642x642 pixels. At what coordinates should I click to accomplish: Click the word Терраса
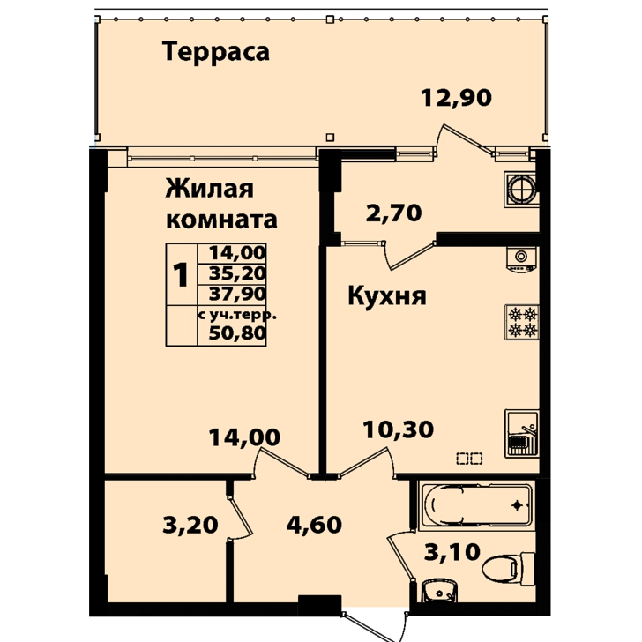click(x=216, y=52)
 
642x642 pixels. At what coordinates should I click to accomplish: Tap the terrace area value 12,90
click(x=456, y=98)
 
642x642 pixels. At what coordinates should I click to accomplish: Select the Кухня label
click(x=387, y=295)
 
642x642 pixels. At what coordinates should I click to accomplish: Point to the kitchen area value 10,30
click(x=399, y=429)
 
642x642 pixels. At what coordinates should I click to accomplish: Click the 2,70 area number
click(x=393, y=213)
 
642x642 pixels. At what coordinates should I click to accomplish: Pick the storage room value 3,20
click(x=190, y=525)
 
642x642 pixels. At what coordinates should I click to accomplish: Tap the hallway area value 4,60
click(x=314, y=525)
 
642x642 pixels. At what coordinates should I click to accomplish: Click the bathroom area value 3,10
click(x=452, y=551)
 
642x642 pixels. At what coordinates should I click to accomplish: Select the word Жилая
click(x=209, y=189)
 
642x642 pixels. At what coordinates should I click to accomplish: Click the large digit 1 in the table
click(x=180, y=274)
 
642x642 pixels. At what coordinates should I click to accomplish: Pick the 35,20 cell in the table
click(x=237, y=273)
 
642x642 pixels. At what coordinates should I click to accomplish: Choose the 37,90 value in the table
click(x=237, y=294)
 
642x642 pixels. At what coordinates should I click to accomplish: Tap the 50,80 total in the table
click(x=237, y=333)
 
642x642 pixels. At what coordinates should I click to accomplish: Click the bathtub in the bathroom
click(x=477, y=505)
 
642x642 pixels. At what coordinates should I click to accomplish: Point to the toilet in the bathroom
click(x=509, y=568)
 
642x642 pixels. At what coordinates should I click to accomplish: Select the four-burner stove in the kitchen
click(x=522, y=322)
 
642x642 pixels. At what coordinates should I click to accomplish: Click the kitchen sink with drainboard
click(x=522, y=433)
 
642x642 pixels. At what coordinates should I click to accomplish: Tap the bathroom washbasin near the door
click(x=440, y=591)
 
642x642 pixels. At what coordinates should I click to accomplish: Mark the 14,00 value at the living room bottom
click(x=244, y=437)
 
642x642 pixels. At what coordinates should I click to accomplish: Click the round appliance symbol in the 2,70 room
click(x=521, y=189)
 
